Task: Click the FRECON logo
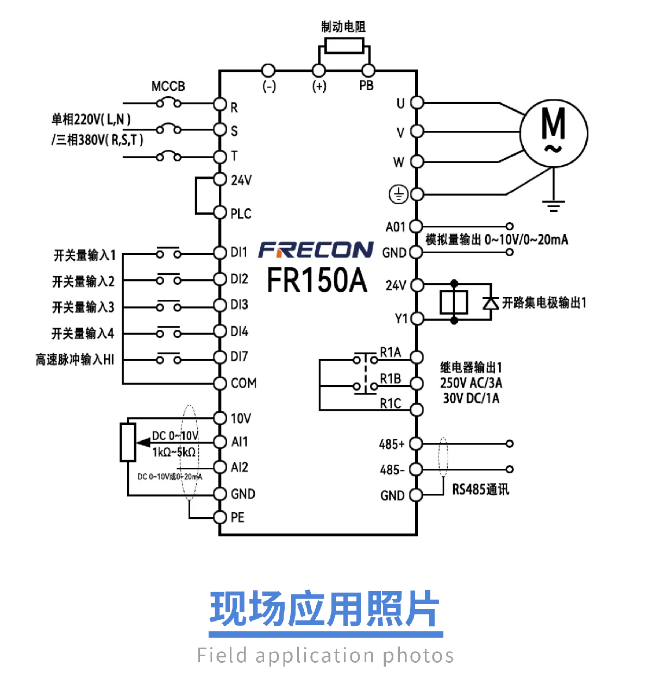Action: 316,250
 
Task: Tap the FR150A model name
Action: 317,280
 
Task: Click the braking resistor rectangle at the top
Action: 344,45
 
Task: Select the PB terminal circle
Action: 368,71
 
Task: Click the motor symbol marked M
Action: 554,133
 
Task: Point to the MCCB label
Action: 168,86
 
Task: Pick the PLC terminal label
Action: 241,214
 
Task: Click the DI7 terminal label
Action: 240,356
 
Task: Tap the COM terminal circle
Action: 220,384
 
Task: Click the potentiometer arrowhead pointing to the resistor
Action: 143,443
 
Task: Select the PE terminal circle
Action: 220,517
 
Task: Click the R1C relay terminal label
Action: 390,404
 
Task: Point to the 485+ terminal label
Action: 392,444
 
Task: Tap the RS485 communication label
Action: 480,490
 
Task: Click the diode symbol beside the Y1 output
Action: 491,303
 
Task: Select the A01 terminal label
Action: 396,227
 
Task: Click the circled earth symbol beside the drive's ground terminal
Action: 398,194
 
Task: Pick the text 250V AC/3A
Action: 471,382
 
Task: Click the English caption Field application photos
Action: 325,655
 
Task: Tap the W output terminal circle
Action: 417,162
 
